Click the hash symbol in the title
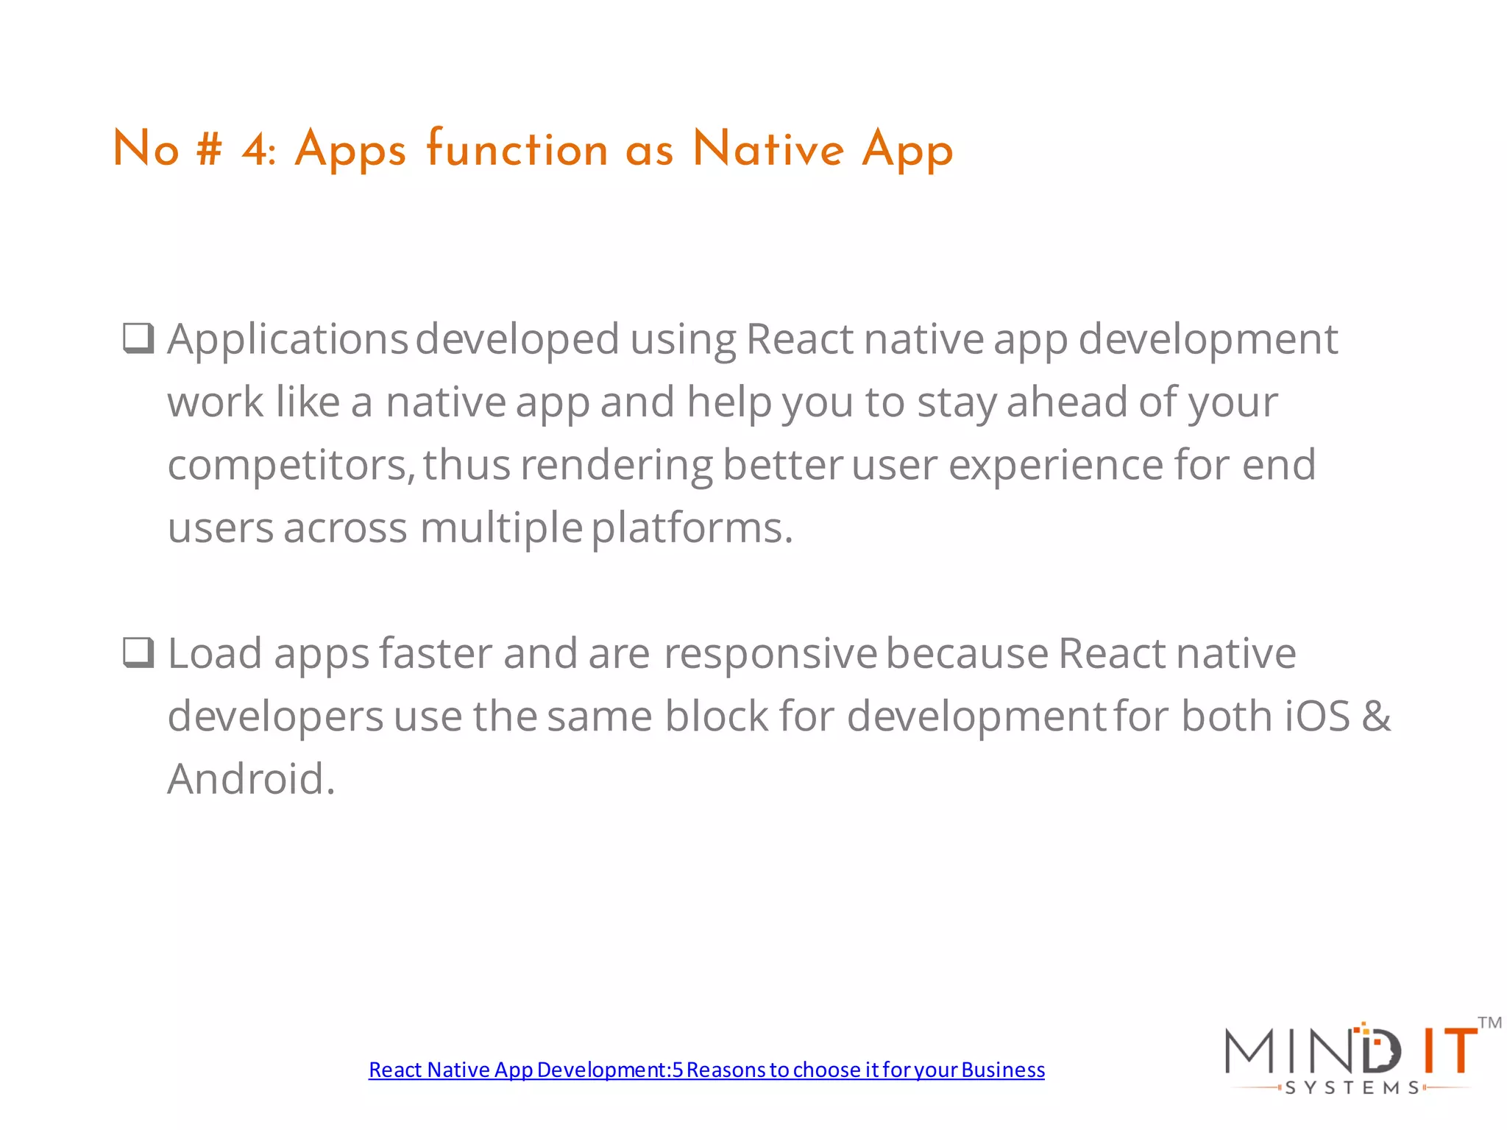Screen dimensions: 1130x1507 coord(209,149)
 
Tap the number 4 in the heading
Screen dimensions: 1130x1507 coord(255,149)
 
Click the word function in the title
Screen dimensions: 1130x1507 coord(517,149)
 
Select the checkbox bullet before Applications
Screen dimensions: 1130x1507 coord(138,338)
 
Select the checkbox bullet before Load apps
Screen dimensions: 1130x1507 coord(138,653)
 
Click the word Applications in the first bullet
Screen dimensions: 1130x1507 coord(287,340)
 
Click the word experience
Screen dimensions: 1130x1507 coord(1055,466)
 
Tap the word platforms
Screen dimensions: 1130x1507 coord(692,528)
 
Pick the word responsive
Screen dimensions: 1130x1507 coord(770,654)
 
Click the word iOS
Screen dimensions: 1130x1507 coord(1317,717)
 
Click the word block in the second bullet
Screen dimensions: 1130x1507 coord(716,717)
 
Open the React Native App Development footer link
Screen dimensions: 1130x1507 coord(706,1070)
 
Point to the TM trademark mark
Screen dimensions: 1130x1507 coord(1489,1023)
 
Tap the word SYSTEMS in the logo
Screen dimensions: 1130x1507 coord(1352,1088)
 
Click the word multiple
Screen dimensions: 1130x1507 coord(501,528)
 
